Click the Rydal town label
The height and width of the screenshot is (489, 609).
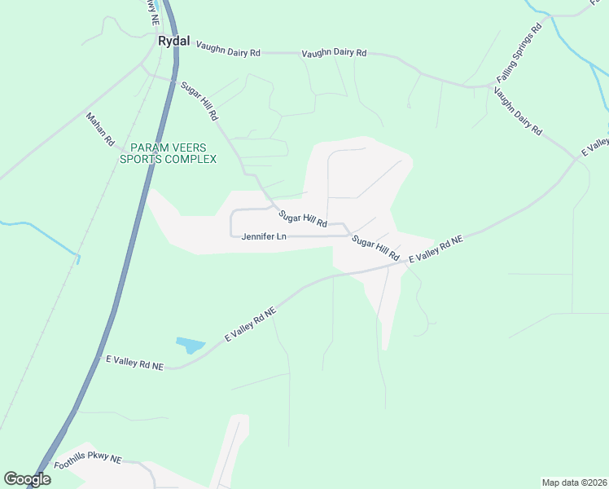click(x=173, y=41)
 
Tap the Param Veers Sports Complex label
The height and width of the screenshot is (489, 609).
click(x=169, y=153)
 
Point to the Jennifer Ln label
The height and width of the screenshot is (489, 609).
click(x=265, y=237)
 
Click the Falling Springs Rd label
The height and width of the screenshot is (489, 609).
click(x=519, y=55)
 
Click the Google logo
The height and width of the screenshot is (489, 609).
click(x=27, y=479)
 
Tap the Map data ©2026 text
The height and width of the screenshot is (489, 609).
click(x=573, y=482)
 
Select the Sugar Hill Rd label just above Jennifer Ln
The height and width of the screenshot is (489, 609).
click(x=303, y=218)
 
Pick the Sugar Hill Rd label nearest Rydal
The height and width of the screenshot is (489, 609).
click(x=199, y=101)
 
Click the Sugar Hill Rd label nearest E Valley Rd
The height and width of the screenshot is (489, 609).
click(x=375, y=248)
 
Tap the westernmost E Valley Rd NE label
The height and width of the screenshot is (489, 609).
click(x=135, y=363)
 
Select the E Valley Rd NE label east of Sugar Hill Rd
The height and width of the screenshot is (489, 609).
click(x=436, y=249)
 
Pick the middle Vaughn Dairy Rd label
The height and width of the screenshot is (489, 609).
click(x=334, y=53)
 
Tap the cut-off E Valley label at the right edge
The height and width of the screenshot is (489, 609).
click(x=595, y=148)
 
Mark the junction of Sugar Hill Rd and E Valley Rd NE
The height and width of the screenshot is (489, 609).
click(x=405, y=262)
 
